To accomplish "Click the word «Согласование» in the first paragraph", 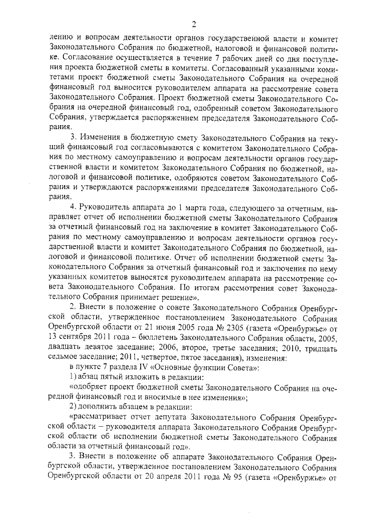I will [96, 58].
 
